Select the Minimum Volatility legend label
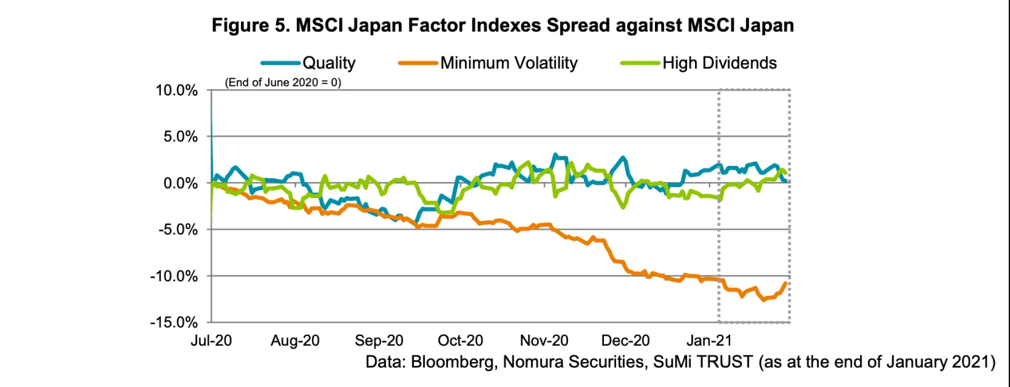(x=509, y=63)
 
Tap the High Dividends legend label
(x=719, y=63)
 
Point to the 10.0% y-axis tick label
(x=177, y=91)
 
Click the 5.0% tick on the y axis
(x=180, y=137)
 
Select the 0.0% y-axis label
(x=180, y=183)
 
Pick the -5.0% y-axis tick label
(x=178, y=230)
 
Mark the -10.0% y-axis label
(x=174, y=276)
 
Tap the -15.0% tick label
(x=174, y=322)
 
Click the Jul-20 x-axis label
(x=211, y=341)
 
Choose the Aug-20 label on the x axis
(x=295, y=341)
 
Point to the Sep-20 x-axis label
(x=379, y=341)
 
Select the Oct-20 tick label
(x=460, y=341)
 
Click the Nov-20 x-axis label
(x=544, y=341)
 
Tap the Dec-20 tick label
(x=625, y=341)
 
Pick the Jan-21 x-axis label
(x=709, y=341)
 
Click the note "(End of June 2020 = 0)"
(x=283, y=83)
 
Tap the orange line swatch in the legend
(x=418, y=63)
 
